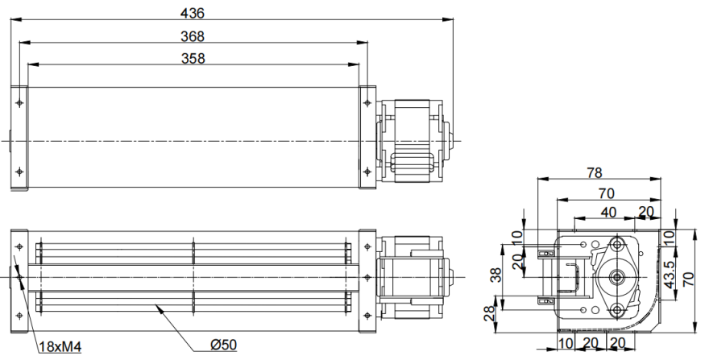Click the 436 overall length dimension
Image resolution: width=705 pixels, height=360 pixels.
coord(193,13)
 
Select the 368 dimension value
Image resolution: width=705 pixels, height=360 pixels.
coord(193,35)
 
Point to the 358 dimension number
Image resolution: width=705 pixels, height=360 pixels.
coord(193,58)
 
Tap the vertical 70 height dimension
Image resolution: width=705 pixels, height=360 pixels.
coord(689,279)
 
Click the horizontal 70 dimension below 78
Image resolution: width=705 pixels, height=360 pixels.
coord(608,192)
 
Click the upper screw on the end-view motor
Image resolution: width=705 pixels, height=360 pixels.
coord(617,242)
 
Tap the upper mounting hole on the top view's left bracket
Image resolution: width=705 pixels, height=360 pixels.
coord(19,103)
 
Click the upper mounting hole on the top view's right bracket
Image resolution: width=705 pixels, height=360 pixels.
coord(367,103)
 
